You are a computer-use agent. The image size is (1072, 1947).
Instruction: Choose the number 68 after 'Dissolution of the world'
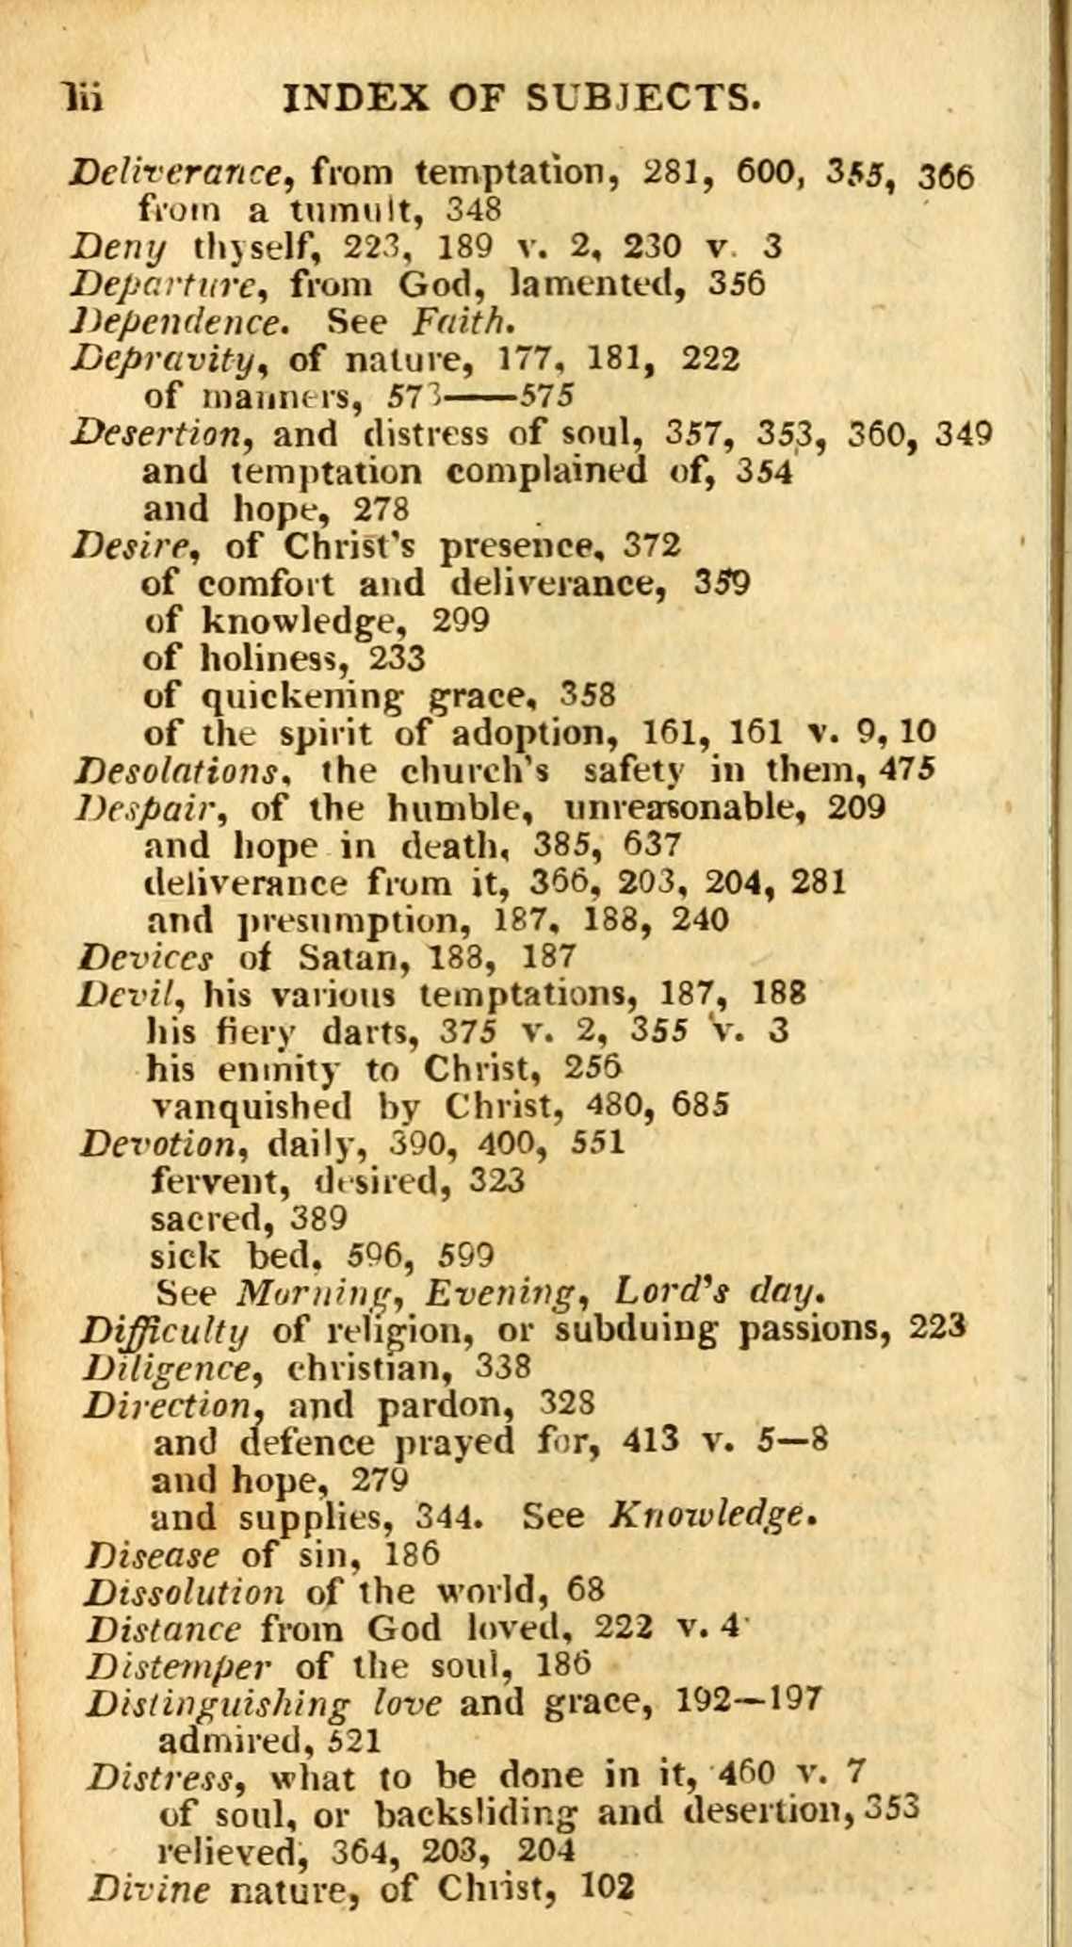click(585, 1590)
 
